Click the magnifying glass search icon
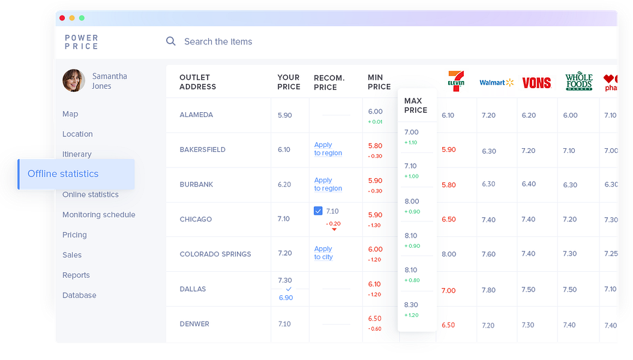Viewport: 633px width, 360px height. pos(171,41)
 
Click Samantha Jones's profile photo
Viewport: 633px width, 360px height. pos(74,80)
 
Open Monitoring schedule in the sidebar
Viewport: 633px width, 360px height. pos(98,215)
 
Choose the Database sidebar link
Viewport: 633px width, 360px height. pos(79,295)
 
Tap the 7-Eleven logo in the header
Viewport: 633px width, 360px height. pos(456,82)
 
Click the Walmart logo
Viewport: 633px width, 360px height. pos(496,83)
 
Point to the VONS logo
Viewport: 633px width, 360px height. pos(536,83)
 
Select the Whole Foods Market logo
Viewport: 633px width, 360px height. pos(578,82)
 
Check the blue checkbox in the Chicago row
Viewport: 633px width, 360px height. pos(318,211)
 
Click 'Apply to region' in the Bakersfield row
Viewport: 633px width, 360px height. pos(328,149)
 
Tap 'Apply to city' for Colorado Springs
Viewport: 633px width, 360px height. pos(323,253)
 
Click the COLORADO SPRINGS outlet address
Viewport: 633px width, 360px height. pos(215,254)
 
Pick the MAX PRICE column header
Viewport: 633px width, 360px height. pos(416,106)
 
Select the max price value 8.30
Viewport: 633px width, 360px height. pos(412,305)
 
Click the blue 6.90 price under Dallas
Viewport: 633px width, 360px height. pos(286,298)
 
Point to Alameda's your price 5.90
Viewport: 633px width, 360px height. pos(285,115)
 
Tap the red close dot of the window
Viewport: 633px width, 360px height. pos(62,18)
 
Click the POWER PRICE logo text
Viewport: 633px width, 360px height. pos(82,42)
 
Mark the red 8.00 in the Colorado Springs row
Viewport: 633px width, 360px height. pos(449,254)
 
